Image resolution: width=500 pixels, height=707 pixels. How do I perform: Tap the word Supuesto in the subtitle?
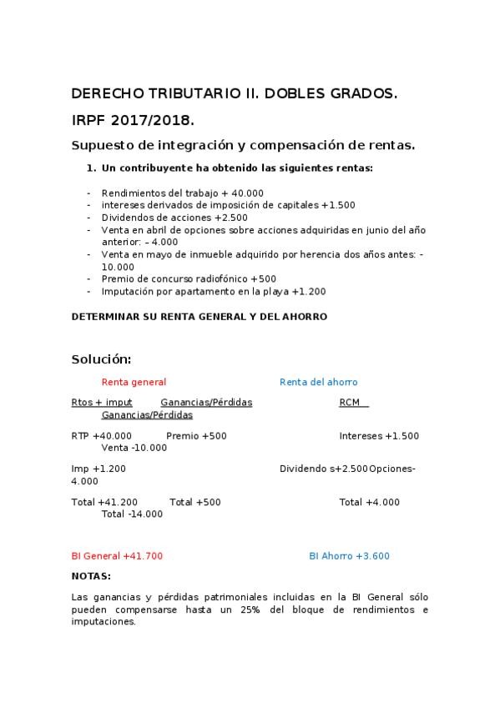tap(103, 145)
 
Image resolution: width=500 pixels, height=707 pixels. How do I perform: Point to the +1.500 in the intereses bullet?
tap(338, 204)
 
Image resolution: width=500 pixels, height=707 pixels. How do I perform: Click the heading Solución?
tap(101, 359)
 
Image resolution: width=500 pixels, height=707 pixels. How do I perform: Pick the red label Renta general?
tap(134, 383)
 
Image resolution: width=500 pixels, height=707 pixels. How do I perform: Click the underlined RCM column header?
tap(351, 403)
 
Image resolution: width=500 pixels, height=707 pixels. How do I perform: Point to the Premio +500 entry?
tap(196, 436)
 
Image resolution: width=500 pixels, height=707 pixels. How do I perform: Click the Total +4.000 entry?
tap(369, 503)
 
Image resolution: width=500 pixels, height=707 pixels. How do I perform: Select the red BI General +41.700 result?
tap(118, 555)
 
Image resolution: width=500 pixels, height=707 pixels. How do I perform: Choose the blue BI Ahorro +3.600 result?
tap(349, 555)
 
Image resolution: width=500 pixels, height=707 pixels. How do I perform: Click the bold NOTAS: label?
tap(91, 576)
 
